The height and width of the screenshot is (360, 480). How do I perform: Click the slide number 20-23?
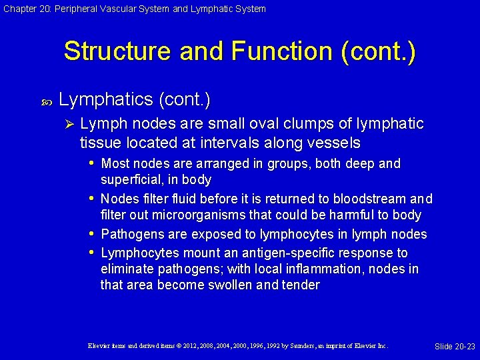coord(464,346)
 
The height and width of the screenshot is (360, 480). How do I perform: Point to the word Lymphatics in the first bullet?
coord(106,100)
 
